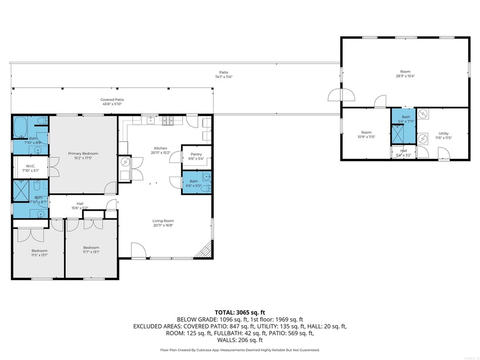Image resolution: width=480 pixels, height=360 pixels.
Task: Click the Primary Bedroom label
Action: coord(83,153)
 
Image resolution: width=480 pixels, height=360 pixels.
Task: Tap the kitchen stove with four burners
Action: coord(169,121)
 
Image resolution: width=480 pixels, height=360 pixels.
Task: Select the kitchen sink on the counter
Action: coord(151,120)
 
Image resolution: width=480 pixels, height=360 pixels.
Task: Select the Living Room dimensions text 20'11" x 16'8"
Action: coord(163,225)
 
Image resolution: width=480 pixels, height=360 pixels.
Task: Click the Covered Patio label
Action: coord(113,99)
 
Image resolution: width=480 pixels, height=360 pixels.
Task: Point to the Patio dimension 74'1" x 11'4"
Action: coord(223,77)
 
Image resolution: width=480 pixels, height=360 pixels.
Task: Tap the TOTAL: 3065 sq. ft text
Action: coord(239,313)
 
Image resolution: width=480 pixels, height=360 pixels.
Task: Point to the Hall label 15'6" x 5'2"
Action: coord(80,204)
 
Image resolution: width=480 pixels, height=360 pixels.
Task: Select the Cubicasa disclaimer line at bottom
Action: coord(239,350)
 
